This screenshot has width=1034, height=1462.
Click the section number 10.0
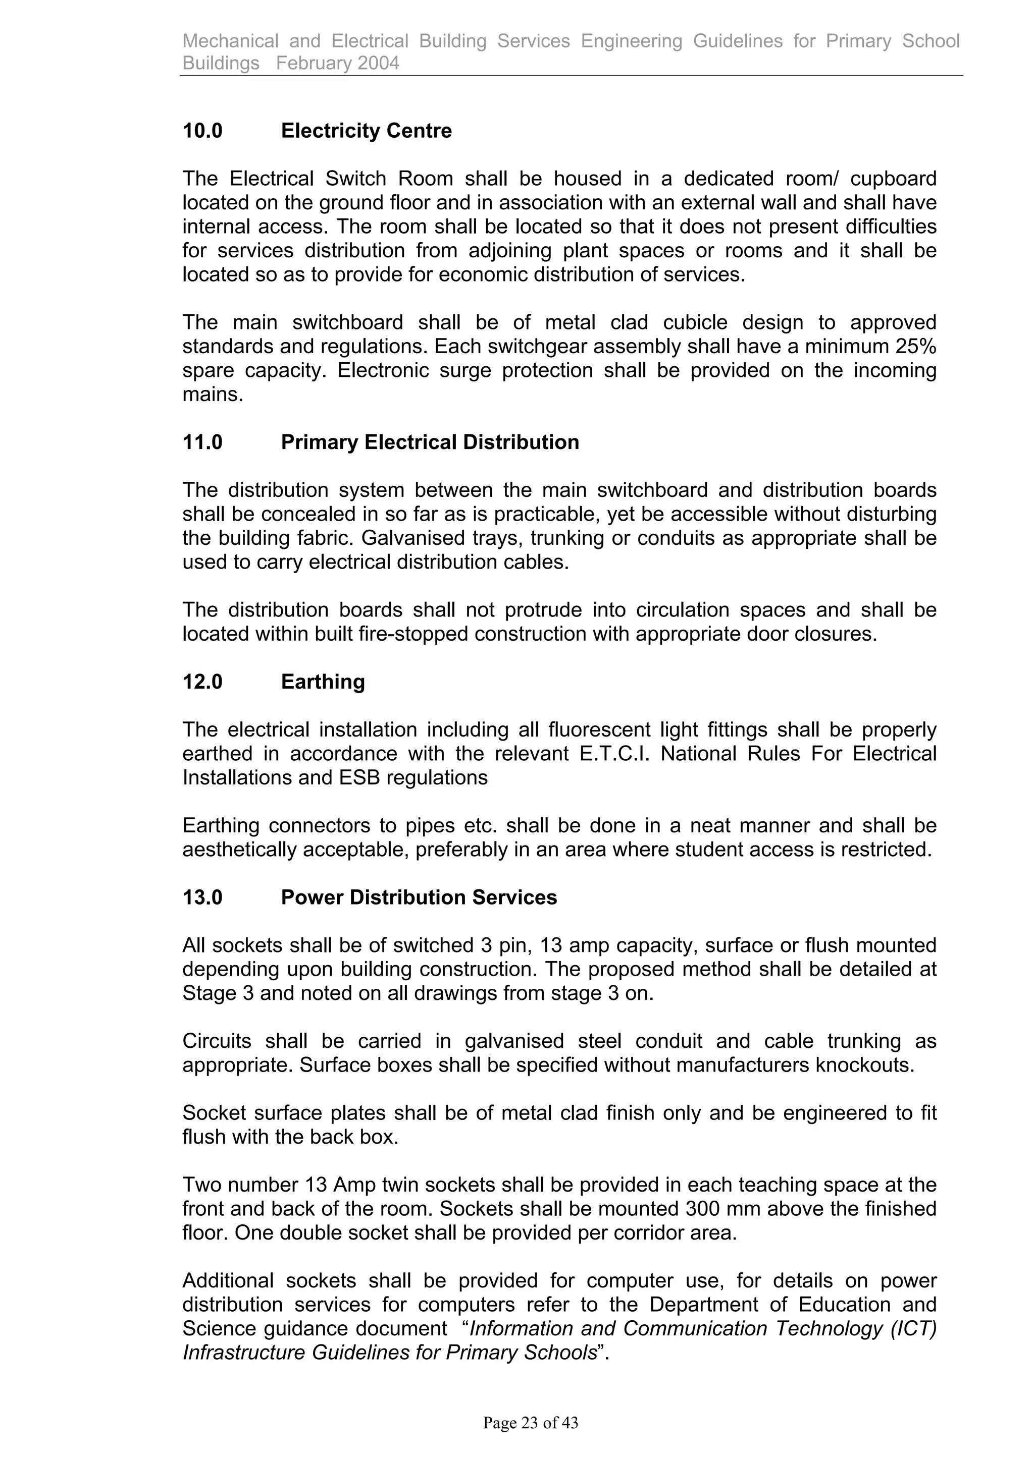click(x=202, y=131)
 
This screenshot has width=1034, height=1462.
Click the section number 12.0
click(x=202, y=682)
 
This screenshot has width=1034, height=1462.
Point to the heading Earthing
click(x=323, y=682)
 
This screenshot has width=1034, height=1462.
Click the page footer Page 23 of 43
click(x=530, y=1423)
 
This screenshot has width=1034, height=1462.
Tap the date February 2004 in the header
click(x=338, y=63)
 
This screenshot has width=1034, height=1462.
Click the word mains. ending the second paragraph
click(x=213, y=395)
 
